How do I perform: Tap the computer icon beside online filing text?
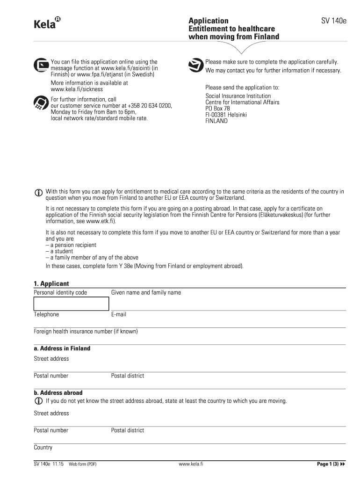(41, 65)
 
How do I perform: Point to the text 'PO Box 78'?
(218, 109)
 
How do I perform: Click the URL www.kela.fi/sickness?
(77, 89)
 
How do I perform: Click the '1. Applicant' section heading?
(51, 283)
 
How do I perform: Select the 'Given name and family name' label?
(146, 293)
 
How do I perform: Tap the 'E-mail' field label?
(119, 314)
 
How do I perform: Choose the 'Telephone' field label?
(46, 314)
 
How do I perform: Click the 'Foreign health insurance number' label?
(86, 332)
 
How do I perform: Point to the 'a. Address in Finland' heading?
(62, 348)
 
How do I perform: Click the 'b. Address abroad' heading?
(58, 392)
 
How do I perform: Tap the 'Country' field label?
(43, 448)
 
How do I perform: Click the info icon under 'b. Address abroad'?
(38, 401)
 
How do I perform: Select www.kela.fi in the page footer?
(191, 464)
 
